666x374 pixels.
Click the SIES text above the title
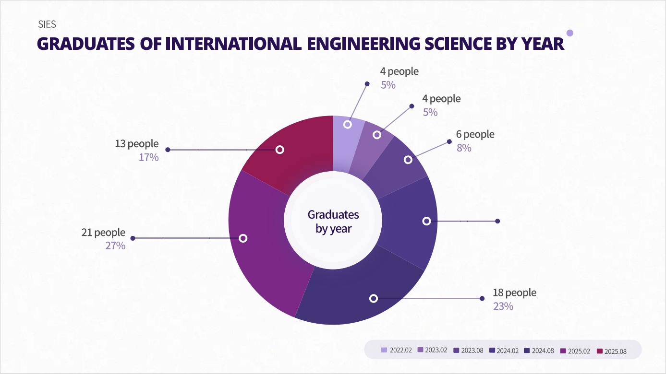click(47, 25)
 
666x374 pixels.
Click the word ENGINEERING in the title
click(356, 44)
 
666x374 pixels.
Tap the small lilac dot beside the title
click(570, 33)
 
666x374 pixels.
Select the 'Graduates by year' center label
click(333, 221)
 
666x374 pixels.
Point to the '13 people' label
click(136, 143)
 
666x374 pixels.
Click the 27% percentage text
click(115, 246)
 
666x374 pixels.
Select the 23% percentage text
click(503, 306)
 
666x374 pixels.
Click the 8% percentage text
click(464, 148)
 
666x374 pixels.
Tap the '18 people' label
click(514, 292)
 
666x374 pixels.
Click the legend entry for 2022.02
click(397, 351)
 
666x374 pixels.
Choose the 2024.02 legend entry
click(504, 351)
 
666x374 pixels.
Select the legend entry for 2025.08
click(612, 351)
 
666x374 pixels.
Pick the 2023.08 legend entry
click(468, 351)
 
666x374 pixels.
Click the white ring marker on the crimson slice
click(280, 150)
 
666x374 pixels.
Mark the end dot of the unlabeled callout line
click(497, 221)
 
